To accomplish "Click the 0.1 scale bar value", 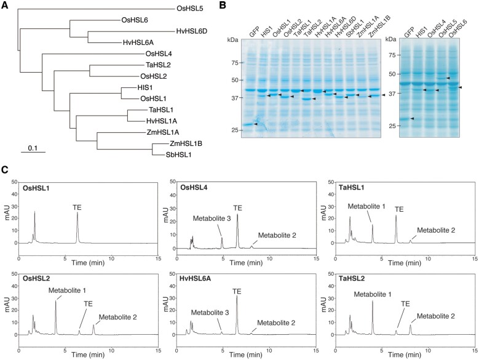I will [34, 148].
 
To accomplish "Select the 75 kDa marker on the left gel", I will [233, 62].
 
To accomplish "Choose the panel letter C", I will [6, 169].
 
